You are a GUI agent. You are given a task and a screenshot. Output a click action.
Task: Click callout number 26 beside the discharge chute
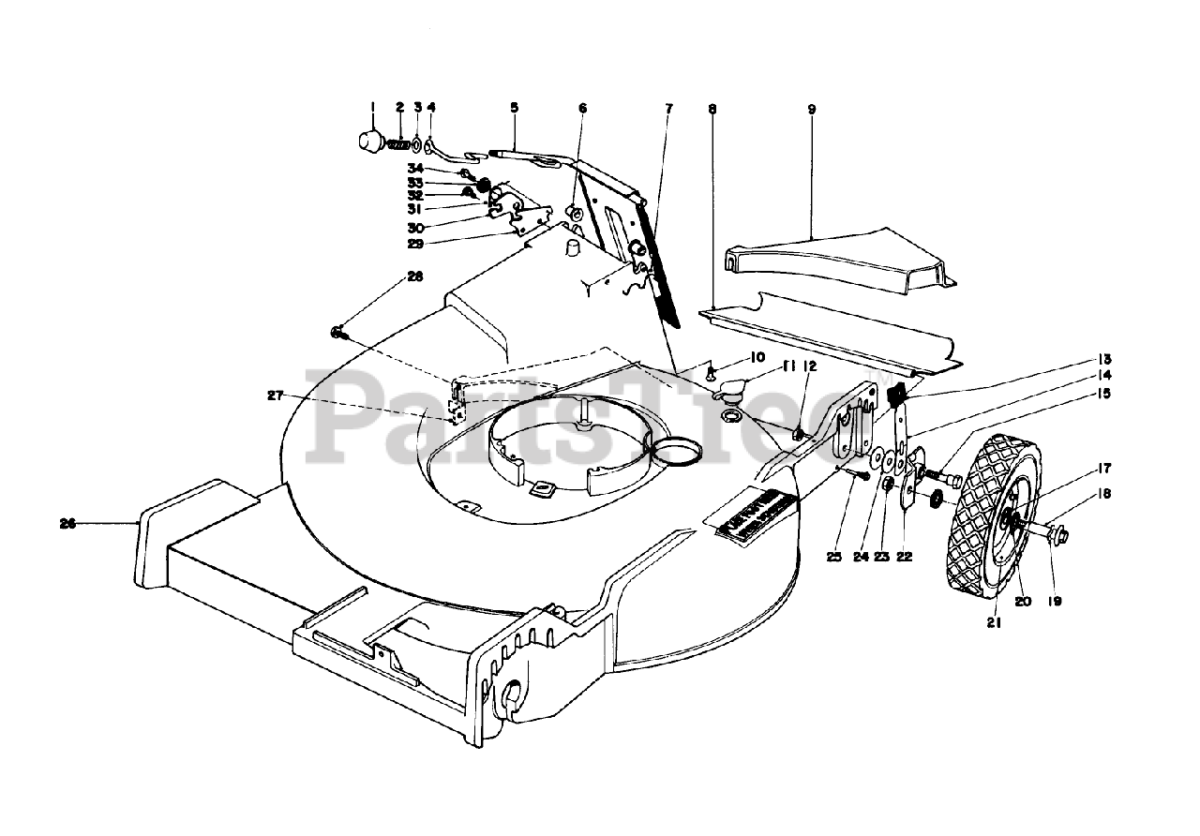click(x=67, y=524)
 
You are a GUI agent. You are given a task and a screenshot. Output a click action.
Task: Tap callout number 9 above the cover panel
click(x=811, y=109)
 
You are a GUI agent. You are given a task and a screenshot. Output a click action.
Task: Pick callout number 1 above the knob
click(x=371, y=107)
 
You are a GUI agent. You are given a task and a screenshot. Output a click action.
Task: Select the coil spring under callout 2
click(x=399, y=145)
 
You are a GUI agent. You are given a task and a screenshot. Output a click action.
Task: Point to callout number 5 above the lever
click(x=514, y=108)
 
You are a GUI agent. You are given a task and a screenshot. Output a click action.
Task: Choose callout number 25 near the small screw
click(x=833, y=557)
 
